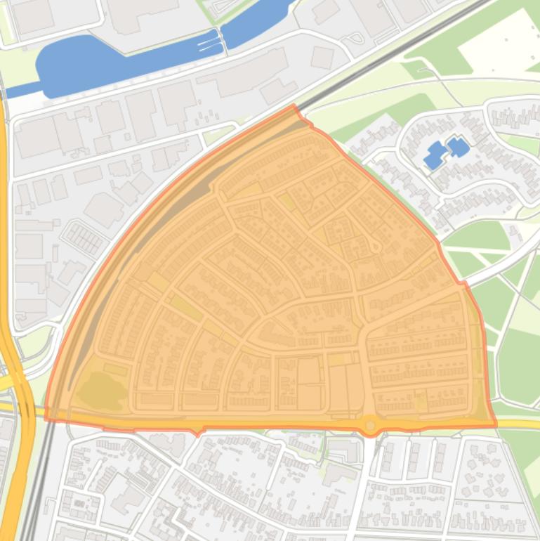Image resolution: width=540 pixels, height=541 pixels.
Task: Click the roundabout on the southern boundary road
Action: click(370, 424)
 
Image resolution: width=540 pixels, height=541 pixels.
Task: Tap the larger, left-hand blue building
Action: click(435, 155)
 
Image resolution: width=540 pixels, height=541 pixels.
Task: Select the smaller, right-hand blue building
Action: click(458, 147)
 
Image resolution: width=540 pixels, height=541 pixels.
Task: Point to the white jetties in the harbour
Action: click(209, 44)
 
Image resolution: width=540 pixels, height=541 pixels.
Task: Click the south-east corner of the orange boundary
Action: click(495, 425)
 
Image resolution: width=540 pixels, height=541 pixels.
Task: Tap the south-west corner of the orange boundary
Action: click(46, 419)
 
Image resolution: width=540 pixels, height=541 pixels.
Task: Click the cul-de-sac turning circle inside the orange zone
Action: click(376, 247)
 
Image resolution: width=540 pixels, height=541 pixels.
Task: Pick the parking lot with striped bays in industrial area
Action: click(84, 239)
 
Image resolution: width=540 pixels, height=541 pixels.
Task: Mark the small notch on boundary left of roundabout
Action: click(199, 429)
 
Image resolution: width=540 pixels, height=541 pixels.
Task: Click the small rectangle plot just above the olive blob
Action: click(116, 369)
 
